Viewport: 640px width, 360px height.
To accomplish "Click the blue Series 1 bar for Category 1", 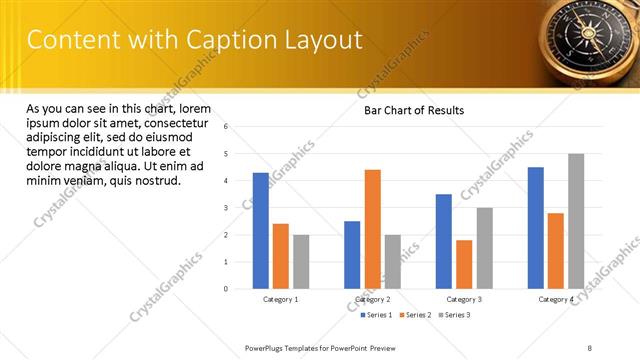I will click(x=261, y=231).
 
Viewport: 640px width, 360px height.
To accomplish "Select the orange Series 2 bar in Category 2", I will click(x=372, y=229).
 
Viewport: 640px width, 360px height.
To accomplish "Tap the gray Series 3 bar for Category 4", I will click(x=576, y=221).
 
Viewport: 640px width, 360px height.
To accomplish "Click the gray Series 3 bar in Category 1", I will click(x=301, y=262).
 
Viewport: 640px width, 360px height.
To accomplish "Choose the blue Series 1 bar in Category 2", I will click(x=352, y=255).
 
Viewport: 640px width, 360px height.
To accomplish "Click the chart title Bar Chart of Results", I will click(x=413, y=111).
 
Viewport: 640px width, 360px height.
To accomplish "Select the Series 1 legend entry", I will click(x=376, y=315).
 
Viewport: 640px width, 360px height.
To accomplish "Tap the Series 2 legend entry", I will click(x=415, y=315).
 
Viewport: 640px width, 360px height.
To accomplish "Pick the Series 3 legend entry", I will click(x=454, y=315).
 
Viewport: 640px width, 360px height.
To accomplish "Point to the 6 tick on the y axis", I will click(x=227, y=127).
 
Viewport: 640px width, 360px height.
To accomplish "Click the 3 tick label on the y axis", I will click(x=227, y=208).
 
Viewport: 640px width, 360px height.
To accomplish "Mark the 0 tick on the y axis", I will click(x=227, y=289).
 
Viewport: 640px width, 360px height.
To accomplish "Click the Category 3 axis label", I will click(x=464, y=299).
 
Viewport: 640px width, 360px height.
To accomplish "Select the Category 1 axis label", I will click(x=281, y=299).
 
